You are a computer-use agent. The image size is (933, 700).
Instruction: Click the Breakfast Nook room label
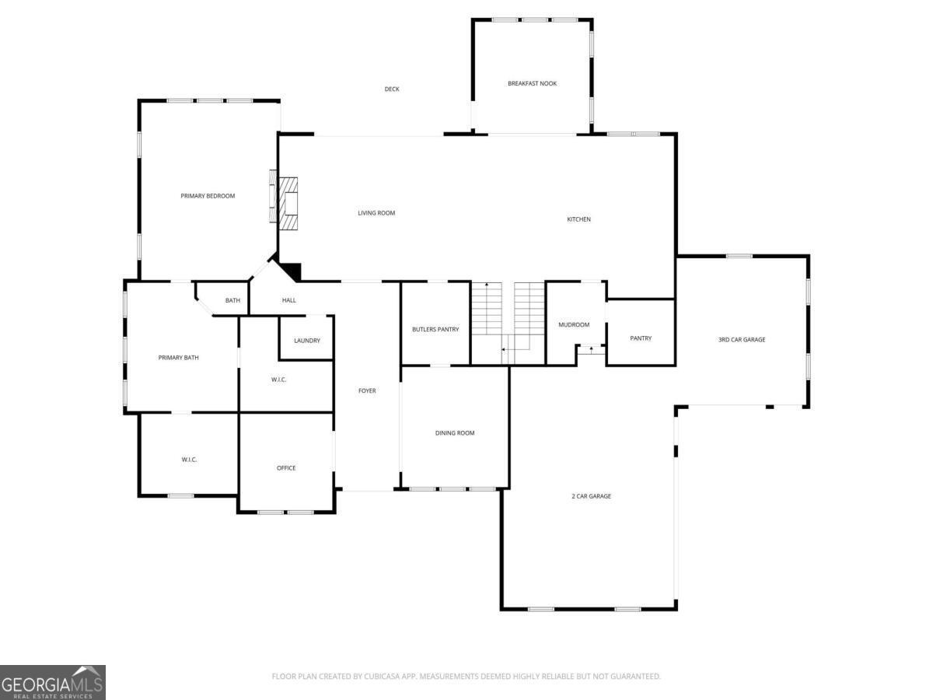(x=532, y=83)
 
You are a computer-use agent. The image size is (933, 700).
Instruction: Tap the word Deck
(x=392, y=89)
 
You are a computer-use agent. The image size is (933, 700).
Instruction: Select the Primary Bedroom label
(x=208, y=196)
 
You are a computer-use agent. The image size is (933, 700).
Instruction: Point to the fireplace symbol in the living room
(x=287, y=202)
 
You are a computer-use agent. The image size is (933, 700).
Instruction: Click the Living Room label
(x=376, y=213)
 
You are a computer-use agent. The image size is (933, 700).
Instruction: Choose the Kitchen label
(x=578, y=219)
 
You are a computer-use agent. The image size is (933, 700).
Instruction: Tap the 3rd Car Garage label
(x=741, y=340)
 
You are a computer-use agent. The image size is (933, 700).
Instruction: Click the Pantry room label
(x=641, y=338)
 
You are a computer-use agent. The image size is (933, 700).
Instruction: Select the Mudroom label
(x=574, y=325)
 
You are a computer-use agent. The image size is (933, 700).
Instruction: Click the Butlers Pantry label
(x=435, y=330)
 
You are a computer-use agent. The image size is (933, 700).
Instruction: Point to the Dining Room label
(x=455, y=433)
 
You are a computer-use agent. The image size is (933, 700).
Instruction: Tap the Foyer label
(x=367, y=390)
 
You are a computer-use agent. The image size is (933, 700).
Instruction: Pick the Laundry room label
(x=307, y=341)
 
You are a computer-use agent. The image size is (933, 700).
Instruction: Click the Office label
(x=286, y=468)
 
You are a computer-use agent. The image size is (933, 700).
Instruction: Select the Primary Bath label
(x=179, y=358)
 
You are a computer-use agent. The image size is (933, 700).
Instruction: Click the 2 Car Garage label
(x=591, y=496)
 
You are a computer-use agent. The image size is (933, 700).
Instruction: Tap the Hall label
(x=289, y=300)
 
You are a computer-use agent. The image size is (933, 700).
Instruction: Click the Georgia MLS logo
(x=53, y=682)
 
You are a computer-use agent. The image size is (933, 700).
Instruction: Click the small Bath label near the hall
(x=232, y=301)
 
